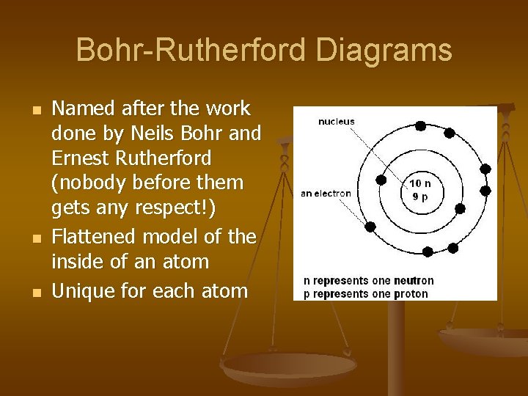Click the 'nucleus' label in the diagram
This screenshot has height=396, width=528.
[336, 122]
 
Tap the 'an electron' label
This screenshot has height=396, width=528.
[326, 194]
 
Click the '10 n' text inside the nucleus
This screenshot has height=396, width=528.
[421, 183]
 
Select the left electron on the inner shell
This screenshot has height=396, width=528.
[381, 179]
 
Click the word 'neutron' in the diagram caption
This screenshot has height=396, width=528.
[412, 280]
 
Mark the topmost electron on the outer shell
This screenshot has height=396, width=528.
[420, 125]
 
